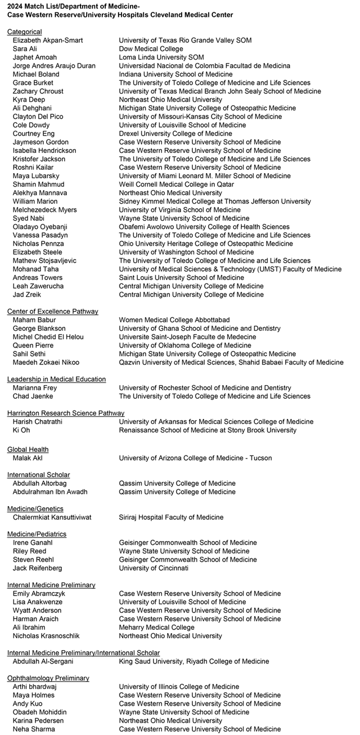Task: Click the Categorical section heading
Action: pyautogui.click(x=24, y=32)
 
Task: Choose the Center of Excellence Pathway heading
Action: pyautogui.click(x=52, y=312)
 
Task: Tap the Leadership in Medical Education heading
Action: pyautogui.click(x=56, y=380)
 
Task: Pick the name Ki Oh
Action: pyautogui.click(x=21, y=430)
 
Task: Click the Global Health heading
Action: pyautogui.click(x=28, y=449)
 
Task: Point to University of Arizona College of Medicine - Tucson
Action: pyautogui.click(x=195, y=458)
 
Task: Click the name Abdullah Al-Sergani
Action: pyautogui.click(x=46, y=661)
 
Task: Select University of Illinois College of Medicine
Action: pyautogui.click(x=179, y=687)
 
